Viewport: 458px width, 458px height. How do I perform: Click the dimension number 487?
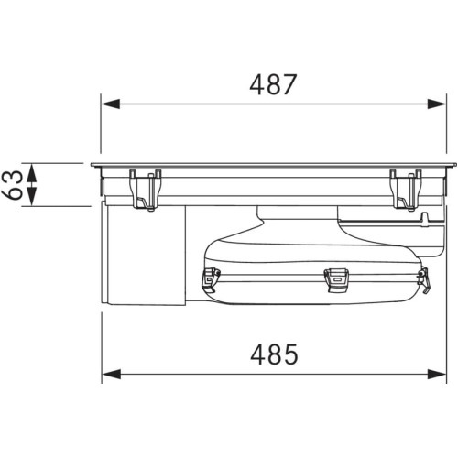coord(273,84)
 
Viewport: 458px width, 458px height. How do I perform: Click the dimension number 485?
coord(274,354)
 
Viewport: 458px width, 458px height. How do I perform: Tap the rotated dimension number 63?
coord(13,185)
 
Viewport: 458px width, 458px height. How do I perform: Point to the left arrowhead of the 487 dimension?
coord(110,104)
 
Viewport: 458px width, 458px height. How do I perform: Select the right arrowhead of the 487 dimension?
coord(437,104)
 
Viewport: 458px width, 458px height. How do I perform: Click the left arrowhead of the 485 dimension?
coord(111,374)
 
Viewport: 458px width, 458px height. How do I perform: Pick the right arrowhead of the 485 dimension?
coord(437,374)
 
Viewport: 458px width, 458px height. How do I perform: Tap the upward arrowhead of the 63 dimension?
coord(32,173)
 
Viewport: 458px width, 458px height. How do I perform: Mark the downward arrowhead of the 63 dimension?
coord(32,197)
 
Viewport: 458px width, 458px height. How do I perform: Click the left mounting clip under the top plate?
coord(146,190)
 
